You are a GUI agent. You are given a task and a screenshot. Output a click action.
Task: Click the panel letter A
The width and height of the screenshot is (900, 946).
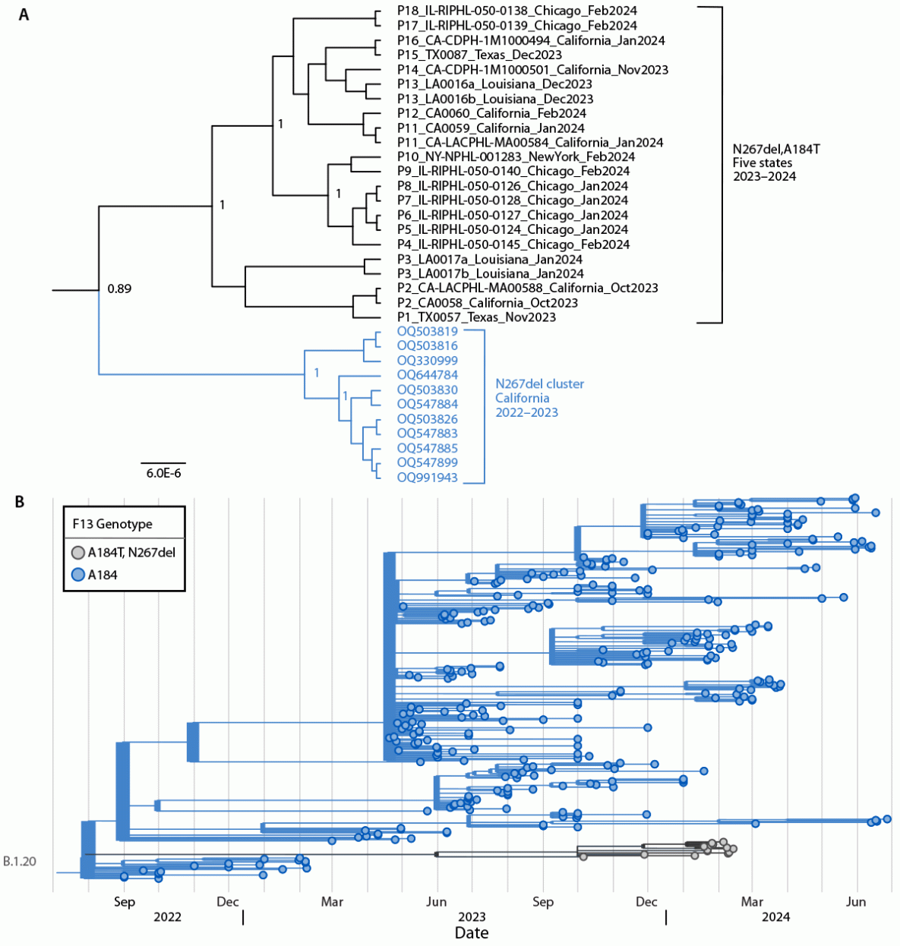24,14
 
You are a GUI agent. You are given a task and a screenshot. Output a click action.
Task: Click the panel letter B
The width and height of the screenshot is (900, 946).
21,502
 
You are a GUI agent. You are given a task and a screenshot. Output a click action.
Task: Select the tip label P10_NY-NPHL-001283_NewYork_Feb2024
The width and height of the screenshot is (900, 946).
516,157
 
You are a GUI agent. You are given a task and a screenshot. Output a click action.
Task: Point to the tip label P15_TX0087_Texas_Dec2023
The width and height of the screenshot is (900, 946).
479,55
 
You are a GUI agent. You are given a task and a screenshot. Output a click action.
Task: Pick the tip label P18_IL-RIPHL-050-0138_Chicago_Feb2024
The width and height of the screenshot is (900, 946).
516,11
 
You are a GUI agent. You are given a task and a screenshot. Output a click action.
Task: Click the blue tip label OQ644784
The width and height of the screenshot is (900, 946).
428,375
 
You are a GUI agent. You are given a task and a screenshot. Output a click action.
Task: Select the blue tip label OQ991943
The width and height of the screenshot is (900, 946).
428,478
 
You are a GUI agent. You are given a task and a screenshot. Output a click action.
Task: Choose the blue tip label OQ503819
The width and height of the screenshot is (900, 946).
428,332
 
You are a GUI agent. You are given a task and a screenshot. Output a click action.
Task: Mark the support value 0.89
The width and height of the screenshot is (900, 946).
119,289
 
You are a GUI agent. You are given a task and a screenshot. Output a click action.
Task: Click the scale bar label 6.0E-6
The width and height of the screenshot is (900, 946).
163,473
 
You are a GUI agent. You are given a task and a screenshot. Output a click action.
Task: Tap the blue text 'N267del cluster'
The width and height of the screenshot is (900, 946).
540,384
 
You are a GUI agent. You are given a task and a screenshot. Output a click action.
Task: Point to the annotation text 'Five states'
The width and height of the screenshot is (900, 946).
762,162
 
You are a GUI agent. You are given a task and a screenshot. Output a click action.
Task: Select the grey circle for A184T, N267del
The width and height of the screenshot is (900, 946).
78,553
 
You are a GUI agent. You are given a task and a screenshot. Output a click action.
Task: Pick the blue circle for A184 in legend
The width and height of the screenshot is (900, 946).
78,575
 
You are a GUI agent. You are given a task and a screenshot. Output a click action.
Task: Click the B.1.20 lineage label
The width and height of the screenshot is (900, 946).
20,862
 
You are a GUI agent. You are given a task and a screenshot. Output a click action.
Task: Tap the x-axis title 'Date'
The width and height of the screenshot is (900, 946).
471,933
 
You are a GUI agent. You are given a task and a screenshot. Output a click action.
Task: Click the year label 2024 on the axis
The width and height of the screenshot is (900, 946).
775,917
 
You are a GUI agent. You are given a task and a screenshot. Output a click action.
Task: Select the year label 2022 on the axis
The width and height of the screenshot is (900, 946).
168,917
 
